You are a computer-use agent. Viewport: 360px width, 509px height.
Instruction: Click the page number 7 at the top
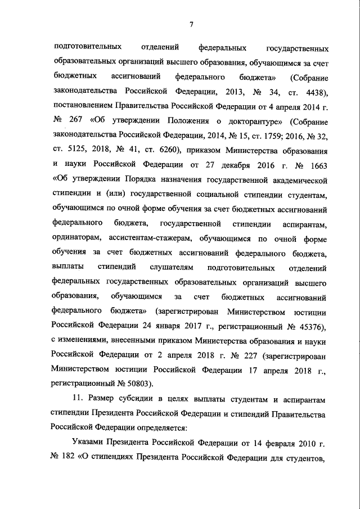click(191, 24)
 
